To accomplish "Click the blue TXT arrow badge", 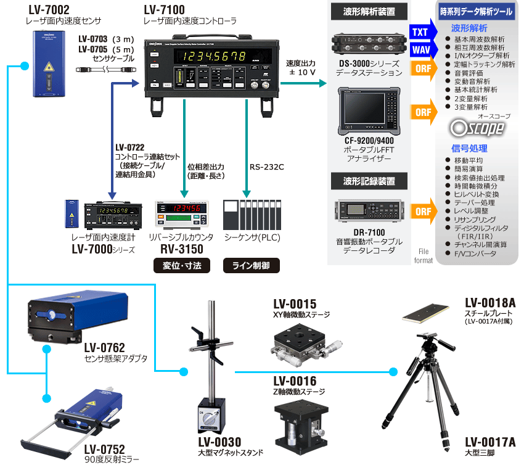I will (x=420, y=31).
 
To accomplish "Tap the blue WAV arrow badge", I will (x=420, y=49).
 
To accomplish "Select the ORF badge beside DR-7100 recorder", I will (x=423, y=212).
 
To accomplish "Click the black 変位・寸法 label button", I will (x=182, y=266).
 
